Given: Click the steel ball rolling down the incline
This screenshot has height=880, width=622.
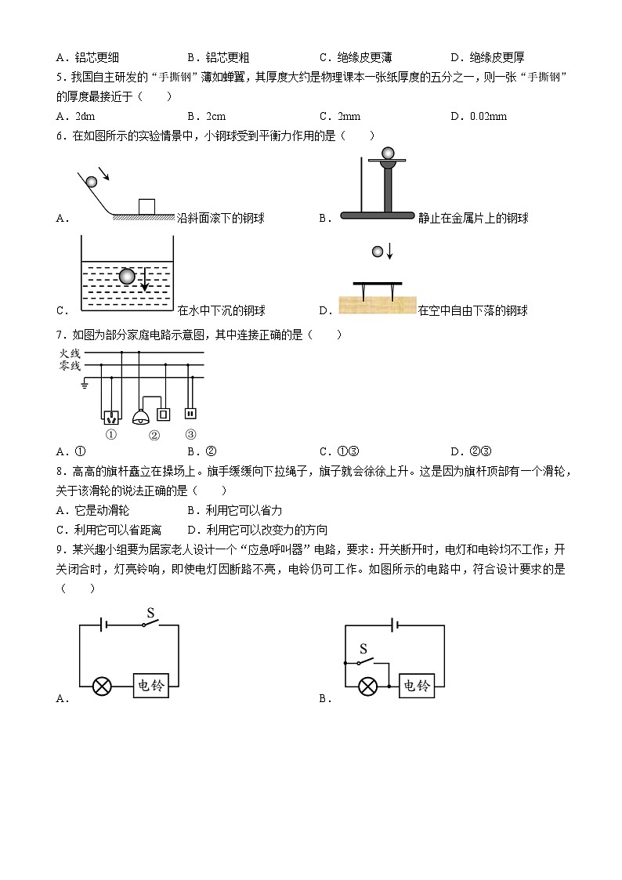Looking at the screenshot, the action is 92,182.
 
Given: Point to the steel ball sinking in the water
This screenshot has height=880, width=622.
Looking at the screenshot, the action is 128,276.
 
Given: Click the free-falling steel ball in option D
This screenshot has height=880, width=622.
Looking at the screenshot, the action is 377,252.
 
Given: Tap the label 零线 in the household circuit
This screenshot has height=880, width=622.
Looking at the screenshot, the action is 70,366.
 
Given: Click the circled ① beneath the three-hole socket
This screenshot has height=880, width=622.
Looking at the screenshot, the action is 111,435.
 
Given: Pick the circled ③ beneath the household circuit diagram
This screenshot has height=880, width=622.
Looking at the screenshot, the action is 190,434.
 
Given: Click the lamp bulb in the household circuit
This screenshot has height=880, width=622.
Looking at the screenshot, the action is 142,416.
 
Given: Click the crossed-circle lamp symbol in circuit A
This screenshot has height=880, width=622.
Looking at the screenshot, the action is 102,686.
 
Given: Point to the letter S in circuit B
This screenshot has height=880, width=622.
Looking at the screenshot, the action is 363,648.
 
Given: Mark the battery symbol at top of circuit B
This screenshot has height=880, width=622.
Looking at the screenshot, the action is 396,625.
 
